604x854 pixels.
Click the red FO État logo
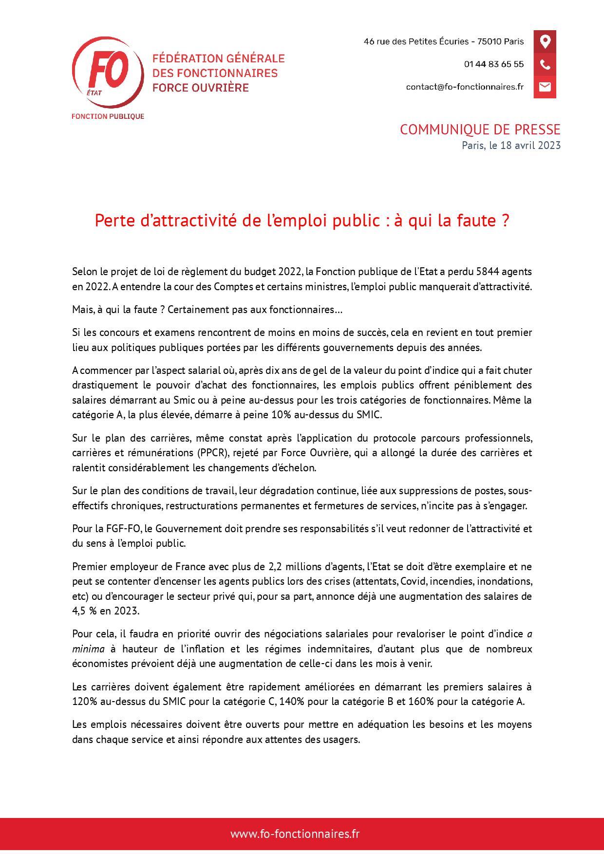[108, 73]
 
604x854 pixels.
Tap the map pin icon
[545, 41]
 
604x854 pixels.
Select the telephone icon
[545, 64]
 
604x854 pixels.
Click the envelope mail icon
[545, 87]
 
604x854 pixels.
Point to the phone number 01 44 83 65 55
[493, 64]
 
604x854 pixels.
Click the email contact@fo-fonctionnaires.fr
[465, 87]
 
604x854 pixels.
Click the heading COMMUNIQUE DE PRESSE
[480, 130]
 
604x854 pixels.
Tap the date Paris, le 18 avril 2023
[511, 146]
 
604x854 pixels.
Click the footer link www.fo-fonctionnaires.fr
[295, 834]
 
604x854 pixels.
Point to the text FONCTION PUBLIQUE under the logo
[108, 116]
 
